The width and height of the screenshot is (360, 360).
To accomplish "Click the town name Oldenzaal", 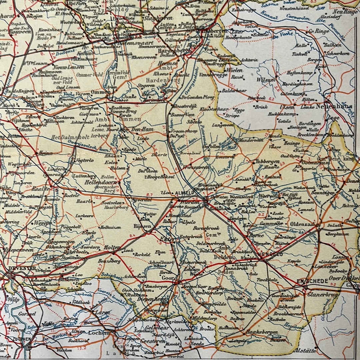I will (303, 224).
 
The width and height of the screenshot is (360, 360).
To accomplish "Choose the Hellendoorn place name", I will (102, 183).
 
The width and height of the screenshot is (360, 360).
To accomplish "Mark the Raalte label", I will (40, 188).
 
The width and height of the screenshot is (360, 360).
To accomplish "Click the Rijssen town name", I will (142, 226).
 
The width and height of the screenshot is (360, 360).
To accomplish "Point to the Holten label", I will (112, 247).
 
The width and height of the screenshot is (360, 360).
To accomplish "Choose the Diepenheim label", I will (156, 299).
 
